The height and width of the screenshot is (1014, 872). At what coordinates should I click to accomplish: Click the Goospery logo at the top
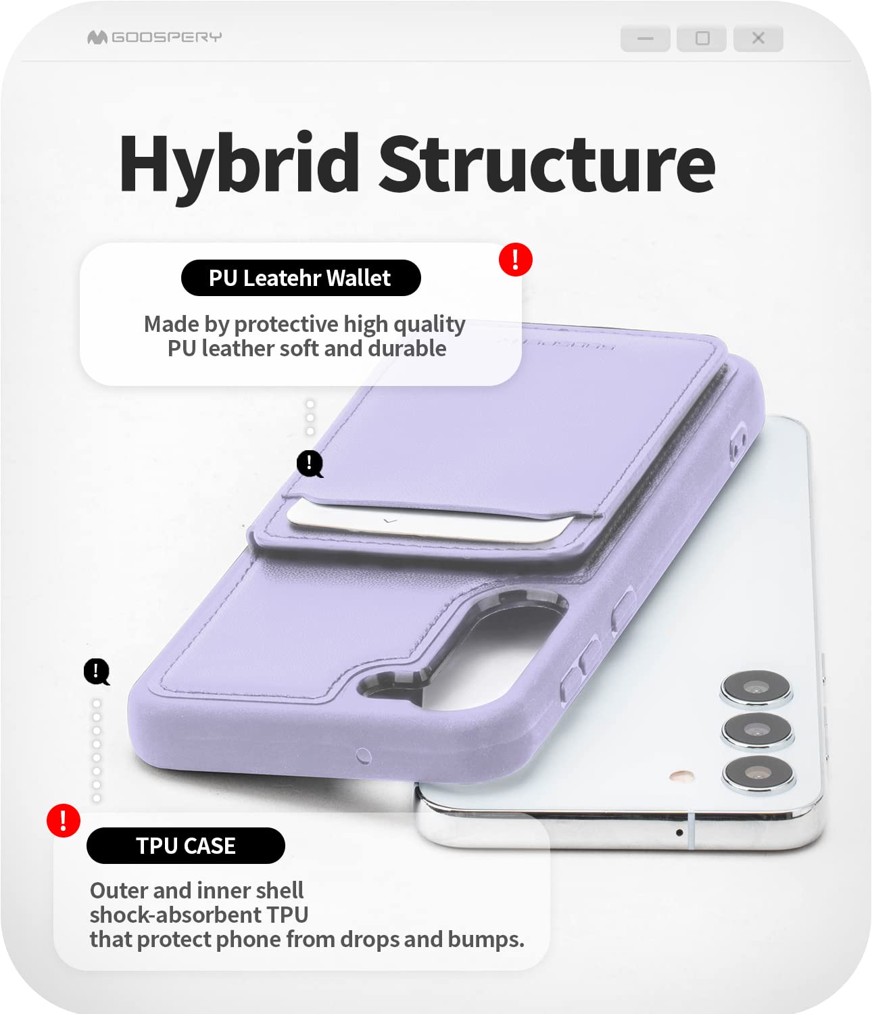pyautogui.click(x=154, y=37)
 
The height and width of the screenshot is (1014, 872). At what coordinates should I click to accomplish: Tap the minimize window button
pyautogui.click(x=646, y=39)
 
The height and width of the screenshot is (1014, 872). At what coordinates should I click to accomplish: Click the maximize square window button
pyautogui.click(x=702, y=39)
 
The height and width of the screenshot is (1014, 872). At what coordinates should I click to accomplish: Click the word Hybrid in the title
pyautogui.click(x=239, y=164)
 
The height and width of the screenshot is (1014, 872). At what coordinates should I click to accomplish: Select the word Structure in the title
pyautogui.click(x=546, y=164)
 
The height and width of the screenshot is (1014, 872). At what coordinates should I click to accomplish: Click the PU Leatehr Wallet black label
pyautogui.click(x=301, y=278)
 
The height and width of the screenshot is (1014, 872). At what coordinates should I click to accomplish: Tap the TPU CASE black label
pyautogui.click(x=186, y=846)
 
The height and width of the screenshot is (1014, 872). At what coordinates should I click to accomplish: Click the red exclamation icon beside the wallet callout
pyautogui.click(x=516, y=259)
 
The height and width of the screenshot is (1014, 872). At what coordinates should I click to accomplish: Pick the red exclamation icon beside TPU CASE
pyautogui.click(x=64, y=821)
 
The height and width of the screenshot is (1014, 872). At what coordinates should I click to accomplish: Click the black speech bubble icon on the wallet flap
pyautogui.click(x=310, y=464)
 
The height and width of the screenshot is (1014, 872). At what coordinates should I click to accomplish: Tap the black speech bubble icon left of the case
pyautogui.click(x=97, y=672)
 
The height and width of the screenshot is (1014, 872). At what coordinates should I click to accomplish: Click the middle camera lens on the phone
pyautogui.click(x=756, y=731)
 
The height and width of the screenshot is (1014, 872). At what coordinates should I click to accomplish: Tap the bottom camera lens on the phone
pyautogui.click(x=758, y=773)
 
